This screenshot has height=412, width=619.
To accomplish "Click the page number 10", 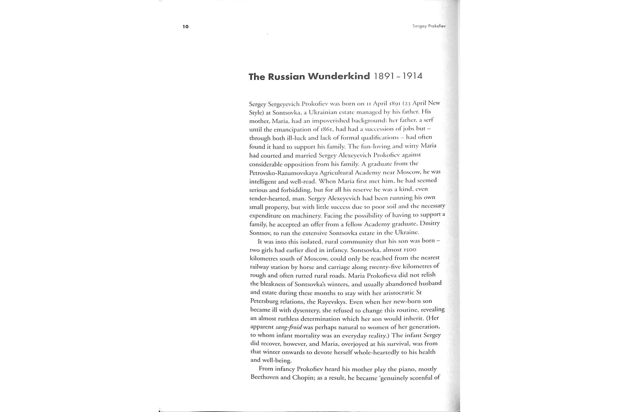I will pyautogui.click(x=186, y=27).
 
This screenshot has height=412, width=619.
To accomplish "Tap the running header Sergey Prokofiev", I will pyautogui.click(x=429, y=26).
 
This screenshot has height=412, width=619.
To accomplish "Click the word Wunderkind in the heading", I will pyautogui.click(x=339, y=76).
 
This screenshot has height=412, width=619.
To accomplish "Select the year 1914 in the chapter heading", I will pyautogui.click(x=412, y=76).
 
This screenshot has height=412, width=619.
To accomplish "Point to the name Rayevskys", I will pyautogui.click(x=329, y=301).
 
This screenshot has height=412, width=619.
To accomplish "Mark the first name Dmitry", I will pyautogui.click(x=430, y=223).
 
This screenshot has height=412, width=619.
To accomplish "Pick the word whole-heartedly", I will pyautogui.click(x=377, y=352).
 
